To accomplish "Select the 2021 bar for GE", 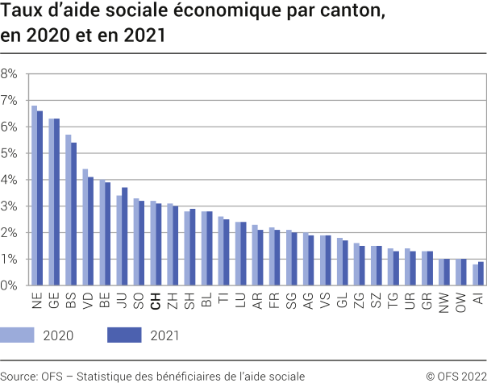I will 56,202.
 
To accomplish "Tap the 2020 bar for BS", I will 69,210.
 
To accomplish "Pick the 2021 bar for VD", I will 90,231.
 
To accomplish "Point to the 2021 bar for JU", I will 124,236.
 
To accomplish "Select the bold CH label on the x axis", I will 156,300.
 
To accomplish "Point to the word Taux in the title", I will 21,13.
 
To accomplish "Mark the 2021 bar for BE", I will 107,234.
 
